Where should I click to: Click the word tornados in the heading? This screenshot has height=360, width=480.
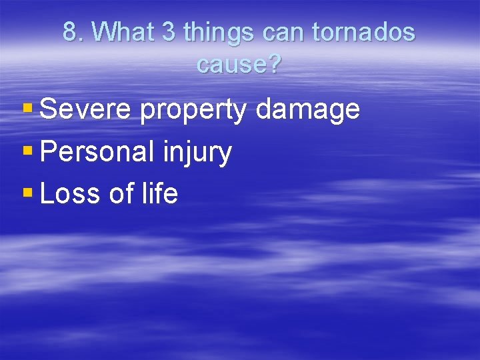[363, 32]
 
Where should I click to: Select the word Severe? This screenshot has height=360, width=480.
[86, 109]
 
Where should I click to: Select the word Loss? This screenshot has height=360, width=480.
[69, 194]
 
